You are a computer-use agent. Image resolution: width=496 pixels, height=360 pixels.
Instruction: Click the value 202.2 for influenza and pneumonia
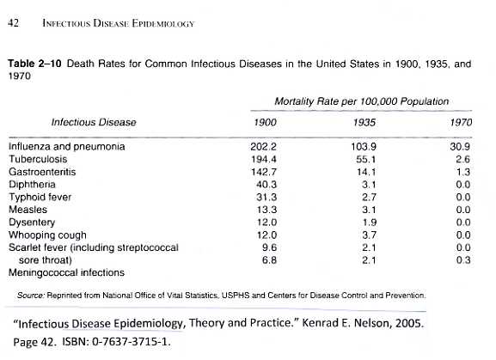[x=263, y=147]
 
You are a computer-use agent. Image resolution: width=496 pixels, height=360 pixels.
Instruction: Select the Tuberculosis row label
[x=38, y=159]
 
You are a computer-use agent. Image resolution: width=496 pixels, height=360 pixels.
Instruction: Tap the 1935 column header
[x=364, y=122]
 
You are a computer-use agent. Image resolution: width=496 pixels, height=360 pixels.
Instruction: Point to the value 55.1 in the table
[x=366, y=159]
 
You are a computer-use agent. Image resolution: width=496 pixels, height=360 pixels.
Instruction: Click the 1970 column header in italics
[x=461, y=122]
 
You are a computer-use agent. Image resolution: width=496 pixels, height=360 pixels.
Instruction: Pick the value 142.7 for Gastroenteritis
[x=264, y=172]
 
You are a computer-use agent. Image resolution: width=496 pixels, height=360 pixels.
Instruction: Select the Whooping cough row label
[x=47, y=235]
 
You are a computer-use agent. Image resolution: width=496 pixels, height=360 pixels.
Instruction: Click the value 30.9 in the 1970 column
[x=460, y=147]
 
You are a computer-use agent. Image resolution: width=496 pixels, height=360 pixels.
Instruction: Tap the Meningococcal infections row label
[x=66, y=272]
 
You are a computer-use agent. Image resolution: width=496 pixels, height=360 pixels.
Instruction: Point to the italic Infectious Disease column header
[x=94, y=122]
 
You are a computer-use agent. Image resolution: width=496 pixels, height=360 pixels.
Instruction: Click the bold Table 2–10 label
[x=34, y=64]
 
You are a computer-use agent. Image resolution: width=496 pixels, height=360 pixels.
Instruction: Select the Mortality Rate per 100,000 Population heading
[x=362, y=101]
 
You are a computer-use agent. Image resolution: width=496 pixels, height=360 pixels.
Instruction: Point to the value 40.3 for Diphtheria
[x=266, y=185]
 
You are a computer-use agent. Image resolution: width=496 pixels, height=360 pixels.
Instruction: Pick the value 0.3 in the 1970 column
[x=463, y=260]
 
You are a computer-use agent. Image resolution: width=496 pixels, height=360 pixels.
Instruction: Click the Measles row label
[x=28, y=210]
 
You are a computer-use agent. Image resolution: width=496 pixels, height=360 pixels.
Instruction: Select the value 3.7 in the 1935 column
[x=369, y=235]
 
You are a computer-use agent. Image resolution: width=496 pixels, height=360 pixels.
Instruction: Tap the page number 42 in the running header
[x=13, y=23]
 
